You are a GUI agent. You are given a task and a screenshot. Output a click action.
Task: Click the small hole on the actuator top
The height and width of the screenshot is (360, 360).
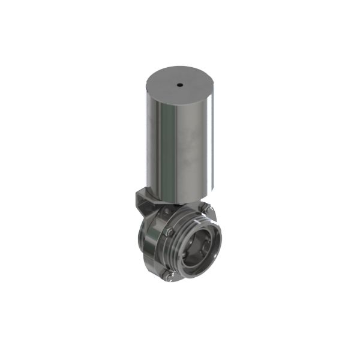coord(179,85)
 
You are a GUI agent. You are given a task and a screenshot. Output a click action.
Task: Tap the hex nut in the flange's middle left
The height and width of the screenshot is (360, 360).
coord(169,233)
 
